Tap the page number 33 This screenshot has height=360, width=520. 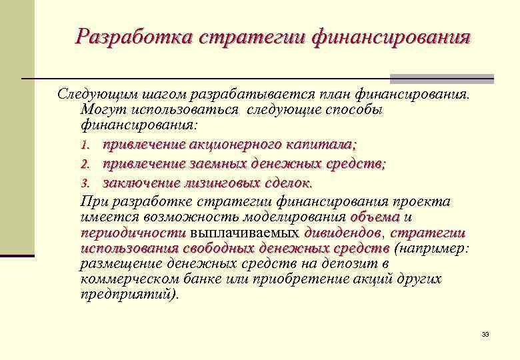tap(485, 334)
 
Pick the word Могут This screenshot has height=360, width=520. tap(99, 109)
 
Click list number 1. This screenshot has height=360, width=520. tap(85, 145)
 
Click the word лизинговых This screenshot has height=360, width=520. tap(221, 183)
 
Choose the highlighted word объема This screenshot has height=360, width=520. tap(375, 217)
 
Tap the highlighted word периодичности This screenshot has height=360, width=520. tap(132, 233)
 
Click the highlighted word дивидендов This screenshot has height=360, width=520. tap(342, 233)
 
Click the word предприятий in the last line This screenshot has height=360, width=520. tap(128, 294)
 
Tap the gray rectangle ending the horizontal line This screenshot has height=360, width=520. tap(441, 78)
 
